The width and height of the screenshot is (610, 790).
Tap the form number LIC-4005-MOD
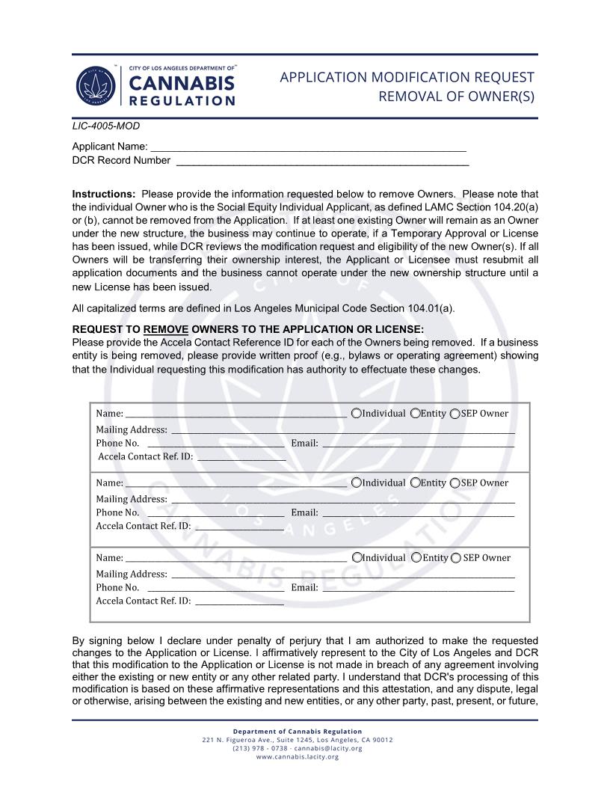click(x=105, y=126)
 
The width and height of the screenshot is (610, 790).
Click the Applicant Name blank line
click(x=308, y=147)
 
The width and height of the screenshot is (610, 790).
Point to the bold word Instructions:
click(x=104, y=194)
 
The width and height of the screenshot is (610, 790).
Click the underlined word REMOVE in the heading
click(x=166, y=329)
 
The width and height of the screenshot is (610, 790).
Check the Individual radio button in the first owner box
click(x=357, y=414)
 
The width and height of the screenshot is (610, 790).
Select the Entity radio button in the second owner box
click(x=416, y=483)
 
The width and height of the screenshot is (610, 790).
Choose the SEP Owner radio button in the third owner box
click(x=456, y=558)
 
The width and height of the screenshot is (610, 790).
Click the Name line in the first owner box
click(x=235, y=414)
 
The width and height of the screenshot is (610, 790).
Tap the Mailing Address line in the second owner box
click(x=342, y=500)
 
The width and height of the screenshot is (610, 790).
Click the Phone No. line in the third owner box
click(x=215, y=588)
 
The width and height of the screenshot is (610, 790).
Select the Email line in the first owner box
click(x=417, y=444)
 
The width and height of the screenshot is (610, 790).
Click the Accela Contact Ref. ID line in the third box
click(x=238, y=601)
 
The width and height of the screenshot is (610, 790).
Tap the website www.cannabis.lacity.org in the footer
click(x=298, y=756)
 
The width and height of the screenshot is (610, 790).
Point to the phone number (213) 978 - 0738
click(x=260, y=748)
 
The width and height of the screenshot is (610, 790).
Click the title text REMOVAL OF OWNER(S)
click(x=456, y=96)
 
